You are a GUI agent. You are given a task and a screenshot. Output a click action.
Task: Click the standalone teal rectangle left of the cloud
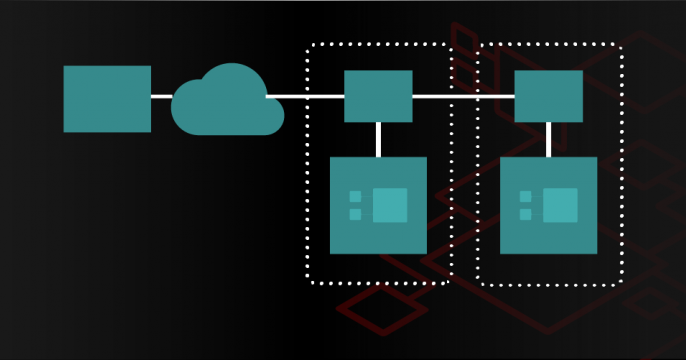click(x=107, y=99)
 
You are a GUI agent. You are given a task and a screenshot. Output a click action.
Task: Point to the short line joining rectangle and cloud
click(x=161, y=96)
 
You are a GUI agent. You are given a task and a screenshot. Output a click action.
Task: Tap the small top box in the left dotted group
click(x=378, y=96)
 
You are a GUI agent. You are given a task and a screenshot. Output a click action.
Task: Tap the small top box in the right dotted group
click(x=548, y=96)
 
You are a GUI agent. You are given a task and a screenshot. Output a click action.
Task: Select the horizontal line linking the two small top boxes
click(x=463, y=96)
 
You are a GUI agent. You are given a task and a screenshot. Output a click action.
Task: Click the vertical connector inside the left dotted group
click(x=378, y=139)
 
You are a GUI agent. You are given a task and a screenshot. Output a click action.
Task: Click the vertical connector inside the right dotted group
click(x=548, y=139)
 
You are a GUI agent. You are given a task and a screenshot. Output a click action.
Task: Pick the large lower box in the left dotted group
click(x=378, y=230)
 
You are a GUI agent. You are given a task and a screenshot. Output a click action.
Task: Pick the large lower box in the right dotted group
click(x=548, y=230)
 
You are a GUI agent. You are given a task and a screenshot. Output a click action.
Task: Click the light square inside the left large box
click(x=390, y=205)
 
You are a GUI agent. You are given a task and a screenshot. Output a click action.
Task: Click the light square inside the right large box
click(x=560, y=205)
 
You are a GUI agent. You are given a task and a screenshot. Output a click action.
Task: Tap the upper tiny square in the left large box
click(x=356, y=196)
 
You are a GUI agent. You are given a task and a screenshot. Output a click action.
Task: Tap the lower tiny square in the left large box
click(x=356, y=213)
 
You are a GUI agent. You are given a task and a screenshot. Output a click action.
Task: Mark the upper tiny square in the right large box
click(x=526, y=196)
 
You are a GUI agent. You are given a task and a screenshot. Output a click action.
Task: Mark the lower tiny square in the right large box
click(x=526, y=213)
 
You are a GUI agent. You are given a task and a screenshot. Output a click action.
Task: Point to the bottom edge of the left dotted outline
click(x=378, y=284)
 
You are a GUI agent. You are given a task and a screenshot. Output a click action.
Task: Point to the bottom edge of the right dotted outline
click(x=548, y=284)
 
